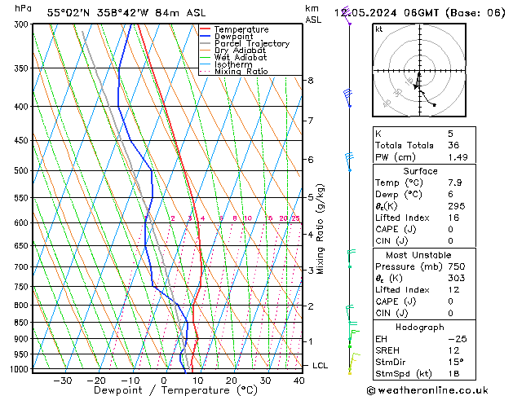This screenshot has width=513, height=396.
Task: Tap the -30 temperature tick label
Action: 62,381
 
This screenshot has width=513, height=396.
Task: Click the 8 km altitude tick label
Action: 311,81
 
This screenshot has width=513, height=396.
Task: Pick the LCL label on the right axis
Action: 320,366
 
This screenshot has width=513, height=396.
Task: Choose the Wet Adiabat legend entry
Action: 242,58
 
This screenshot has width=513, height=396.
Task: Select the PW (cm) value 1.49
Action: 455,157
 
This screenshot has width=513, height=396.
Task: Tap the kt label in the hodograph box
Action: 378,29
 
